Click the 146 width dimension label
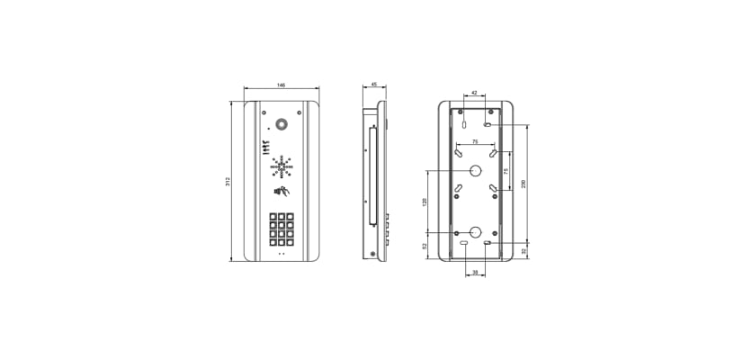[x=281, y=85]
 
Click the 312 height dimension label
[x=228, y=182]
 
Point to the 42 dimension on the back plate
[x=475, y=93]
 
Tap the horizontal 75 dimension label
[x=475, y=143]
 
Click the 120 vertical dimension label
[x=425, y=202]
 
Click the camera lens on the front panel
[x=282, y=124]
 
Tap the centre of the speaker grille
[x=282, y=166]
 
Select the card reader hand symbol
[x=282, y=192]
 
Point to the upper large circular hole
[x=475, y=172]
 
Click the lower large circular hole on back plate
[x=475, y=231]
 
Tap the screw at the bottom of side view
[x=373, y=255]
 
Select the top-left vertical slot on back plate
[x=461, y=114]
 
